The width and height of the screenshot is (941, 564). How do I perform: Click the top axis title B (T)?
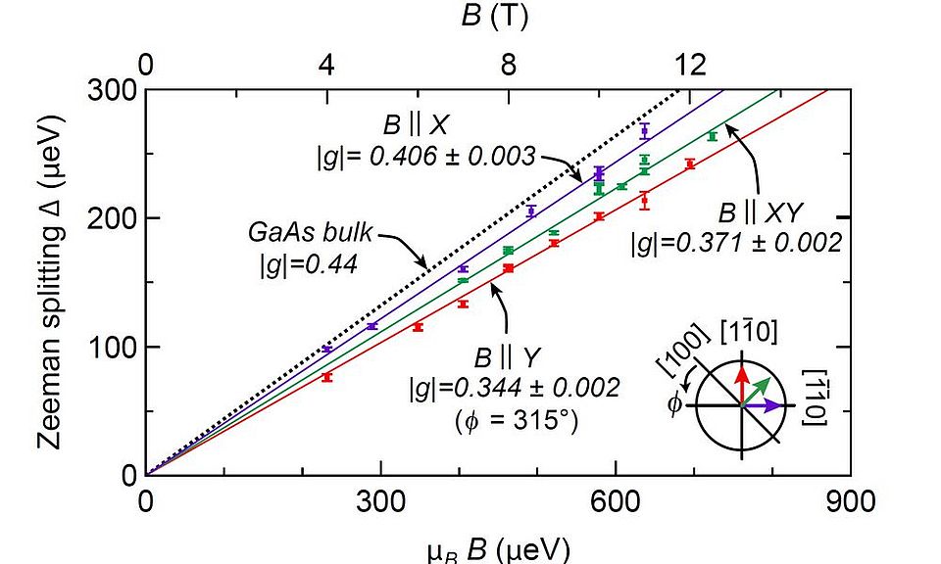497,18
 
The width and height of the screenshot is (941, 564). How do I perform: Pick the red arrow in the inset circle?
742,384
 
